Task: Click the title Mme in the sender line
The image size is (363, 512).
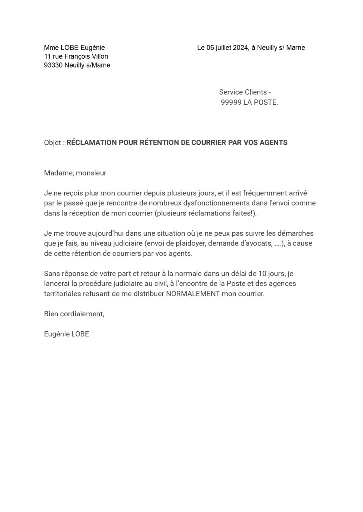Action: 51,48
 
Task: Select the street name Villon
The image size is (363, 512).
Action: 98,56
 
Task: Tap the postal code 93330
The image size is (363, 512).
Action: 53,65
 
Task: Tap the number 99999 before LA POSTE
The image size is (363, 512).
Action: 231,102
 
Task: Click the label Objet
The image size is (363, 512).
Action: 53,143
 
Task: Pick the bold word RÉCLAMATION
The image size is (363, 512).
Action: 92,143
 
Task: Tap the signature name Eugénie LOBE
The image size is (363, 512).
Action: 66,334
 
